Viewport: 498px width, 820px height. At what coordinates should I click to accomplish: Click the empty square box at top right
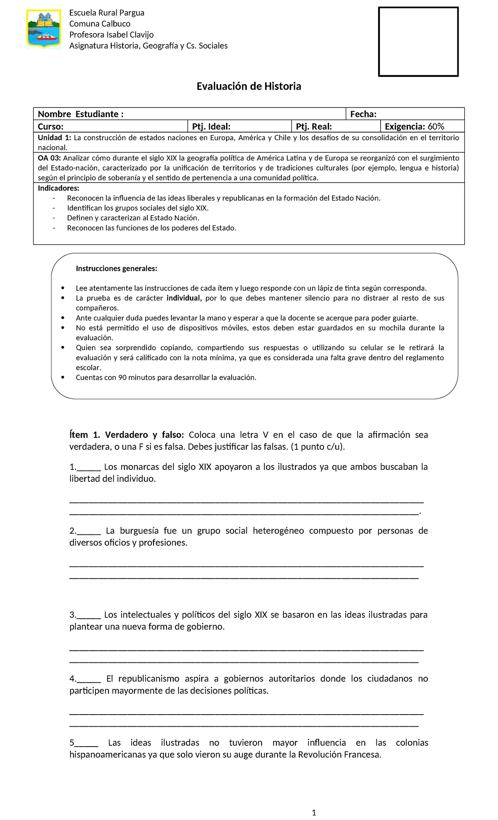pyautogui.click(x=418, y=42)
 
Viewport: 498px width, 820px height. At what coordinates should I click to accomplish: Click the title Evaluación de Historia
pyautogui.click(x=249, y=86)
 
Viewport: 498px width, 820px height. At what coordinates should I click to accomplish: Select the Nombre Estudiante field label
pyautogui.click(x=81, y=114)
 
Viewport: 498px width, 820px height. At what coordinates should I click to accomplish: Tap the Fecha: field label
pyautogui.click(x=363, y=114)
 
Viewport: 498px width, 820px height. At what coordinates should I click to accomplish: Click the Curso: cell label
pyautogui.click(x=51, y=127)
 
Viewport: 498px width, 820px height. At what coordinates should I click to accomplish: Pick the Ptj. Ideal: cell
pyautogui.click(x=211, y=127)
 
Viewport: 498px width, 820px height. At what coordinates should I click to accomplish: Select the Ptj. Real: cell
pyautogui.click(x=314, y=127)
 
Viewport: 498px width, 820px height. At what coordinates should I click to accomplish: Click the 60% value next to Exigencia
pyautogui.click(x=436, y=127)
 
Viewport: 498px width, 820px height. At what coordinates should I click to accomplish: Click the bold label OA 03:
pyautogui.click(x=49, y=158)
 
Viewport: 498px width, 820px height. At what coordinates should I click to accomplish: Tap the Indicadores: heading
pyautogui.click(x=59, y=188)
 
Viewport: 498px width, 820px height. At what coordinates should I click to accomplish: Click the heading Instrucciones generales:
pyautogui.click(x=116, y=268)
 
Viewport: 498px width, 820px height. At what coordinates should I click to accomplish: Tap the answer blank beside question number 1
pyautogui.click(x=89, y=467)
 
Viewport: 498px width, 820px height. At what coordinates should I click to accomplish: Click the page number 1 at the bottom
pyautogui.click(x=314, y=812)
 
